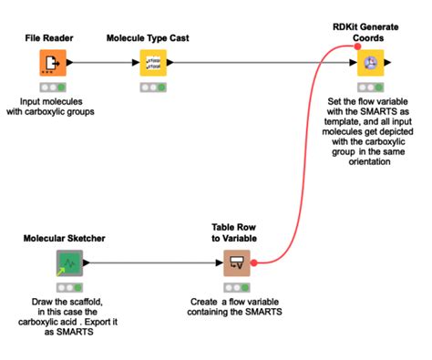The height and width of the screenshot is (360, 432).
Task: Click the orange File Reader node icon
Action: pyautogui.click(x=51, y=64)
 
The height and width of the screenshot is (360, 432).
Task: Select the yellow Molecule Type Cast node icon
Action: pyautogui.click(x=151, y=64)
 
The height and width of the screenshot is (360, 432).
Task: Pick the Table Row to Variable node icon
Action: pyautogui.click(x=237, y=263)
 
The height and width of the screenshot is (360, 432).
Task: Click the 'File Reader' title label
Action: pyautogui.click(x=51, y=40)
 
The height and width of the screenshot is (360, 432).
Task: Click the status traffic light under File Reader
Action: pyautogui.click(x=51, y=87)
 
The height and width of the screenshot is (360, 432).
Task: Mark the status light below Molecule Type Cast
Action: pyautogui.click(x=151, y=87)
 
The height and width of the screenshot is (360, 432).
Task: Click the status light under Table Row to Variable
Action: pyautogui.click(x=237, y=288)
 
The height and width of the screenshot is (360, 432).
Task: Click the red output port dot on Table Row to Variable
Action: pyautogui.click(x=254, y=263)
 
